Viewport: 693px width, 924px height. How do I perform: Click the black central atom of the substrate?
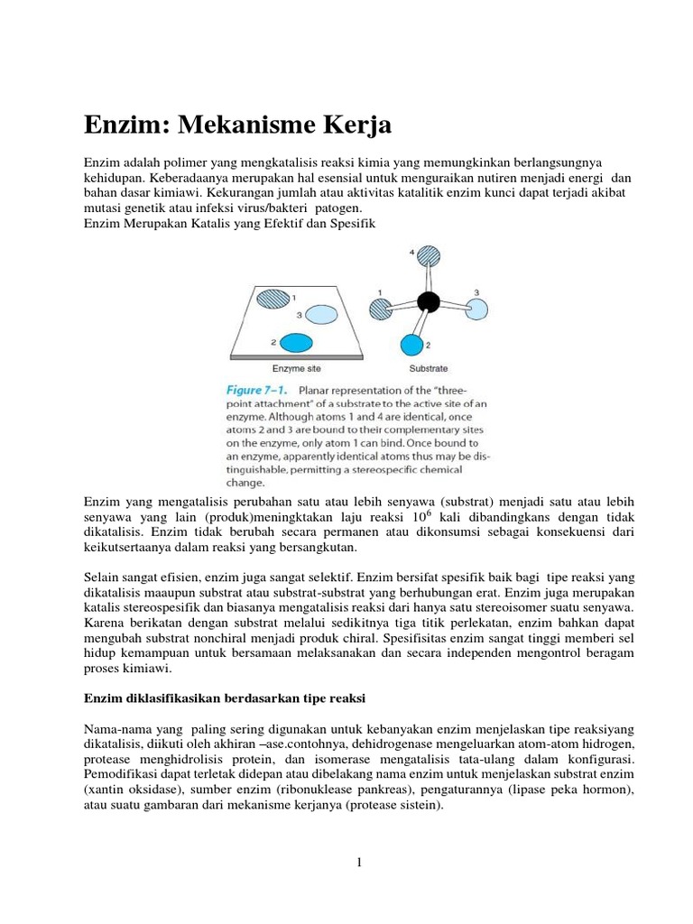tap(428, 301)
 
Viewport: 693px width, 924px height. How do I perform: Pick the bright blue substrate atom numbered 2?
tap(411, 345)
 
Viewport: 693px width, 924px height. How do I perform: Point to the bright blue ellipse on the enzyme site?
tap(293, 343)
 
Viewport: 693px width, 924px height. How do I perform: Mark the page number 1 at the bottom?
tap(358, 863)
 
